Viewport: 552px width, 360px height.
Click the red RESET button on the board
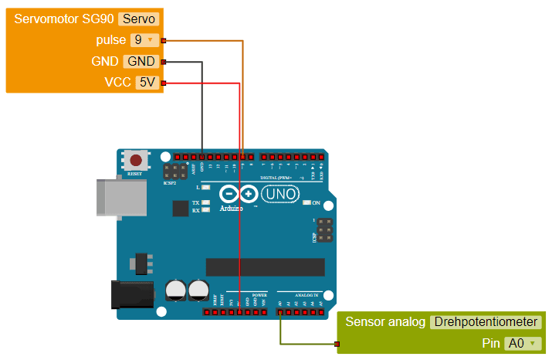coord(137,161)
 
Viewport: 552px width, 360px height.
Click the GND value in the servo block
coord(141,62)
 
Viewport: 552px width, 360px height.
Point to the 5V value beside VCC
coord(147,83)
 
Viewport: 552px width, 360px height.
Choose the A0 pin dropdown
coord(521,343)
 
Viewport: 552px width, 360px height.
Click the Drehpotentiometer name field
coord(486,322)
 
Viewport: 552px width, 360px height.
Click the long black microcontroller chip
coord(266,267)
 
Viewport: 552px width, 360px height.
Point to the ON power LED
coord(307,202)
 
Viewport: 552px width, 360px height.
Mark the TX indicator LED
coord(206,202)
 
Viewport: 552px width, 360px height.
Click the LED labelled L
coord(206,188)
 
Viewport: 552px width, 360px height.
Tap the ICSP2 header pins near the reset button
coord(174,171)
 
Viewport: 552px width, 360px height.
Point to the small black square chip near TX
coord(181,209)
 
